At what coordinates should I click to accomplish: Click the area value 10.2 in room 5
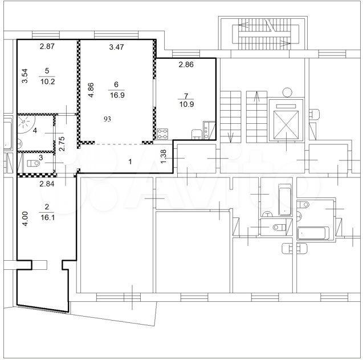coord(47,82)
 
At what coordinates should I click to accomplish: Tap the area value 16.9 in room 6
coord(117,95)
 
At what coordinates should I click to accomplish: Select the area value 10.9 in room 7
coord(186,104)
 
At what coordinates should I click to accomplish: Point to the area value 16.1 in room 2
coord(47,217)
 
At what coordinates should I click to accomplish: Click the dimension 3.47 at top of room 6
coord(116,47)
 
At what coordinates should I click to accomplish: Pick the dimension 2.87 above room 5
coord(47,46)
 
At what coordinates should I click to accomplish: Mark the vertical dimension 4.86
coord(91,90)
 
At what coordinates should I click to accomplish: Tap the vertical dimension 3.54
coord(25,76)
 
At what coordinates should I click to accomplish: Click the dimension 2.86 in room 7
coord(186,64)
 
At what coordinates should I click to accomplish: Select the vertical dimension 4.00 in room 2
coord(25,219)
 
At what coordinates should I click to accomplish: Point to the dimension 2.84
coord(47,184)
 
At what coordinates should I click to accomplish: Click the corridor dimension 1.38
coord(163,156)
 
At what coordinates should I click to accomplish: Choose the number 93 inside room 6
coord(107,119)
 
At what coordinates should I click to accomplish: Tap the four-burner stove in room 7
coord(162,134)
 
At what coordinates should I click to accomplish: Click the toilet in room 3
coord(34,163)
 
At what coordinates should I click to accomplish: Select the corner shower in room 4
coord(26,124)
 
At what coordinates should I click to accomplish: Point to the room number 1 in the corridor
coord(130,161)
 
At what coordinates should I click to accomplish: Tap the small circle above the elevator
coord(287,92)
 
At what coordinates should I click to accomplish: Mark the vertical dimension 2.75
coord(62,144)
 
